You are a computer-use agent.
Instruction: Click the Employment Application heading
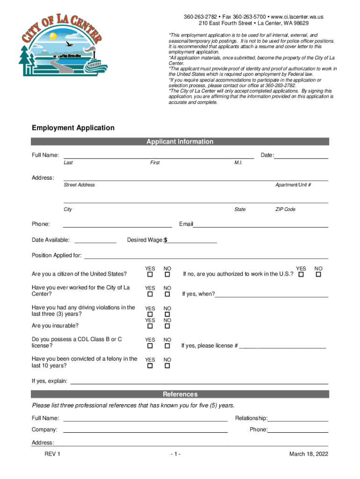coord(73,128)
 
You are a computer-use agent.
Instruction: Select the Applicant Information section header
coord(180,142)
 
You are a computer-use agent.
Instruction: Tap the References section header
coord(180,394)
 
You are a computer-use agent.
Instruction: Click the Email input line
coord(260,225)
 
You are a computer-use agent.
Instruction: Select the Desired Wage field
coord(192,240)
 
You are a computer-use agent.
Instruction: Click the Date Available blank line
coord(95,240)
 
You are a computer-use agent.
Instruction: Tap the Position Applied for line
coord(205,256)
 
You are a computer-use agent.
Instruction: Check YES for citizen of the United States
coord(150,275)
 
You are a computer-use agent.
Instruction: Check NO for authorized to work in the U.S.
coord(318,275)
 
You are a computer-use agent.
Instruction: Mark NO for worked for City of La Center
coord(167,294)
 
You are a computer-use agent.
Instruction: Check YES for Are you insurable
coord(150,326)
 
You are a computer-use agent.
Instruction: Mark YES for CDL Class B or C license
coord(150,346)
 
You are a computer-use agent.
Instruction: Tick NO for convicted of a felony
coord(167,365)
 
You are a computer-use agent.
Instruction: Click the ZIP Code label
coord(285,210)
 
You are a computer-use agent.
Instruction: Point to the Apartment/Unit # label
coord(293,185)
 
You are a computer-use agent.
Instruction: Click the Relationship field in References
coord(298,419)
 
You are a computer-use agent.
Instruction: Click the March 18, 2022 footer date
coord(309,454)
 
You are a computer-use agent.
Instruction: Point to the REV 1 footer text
coord(52,454)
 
